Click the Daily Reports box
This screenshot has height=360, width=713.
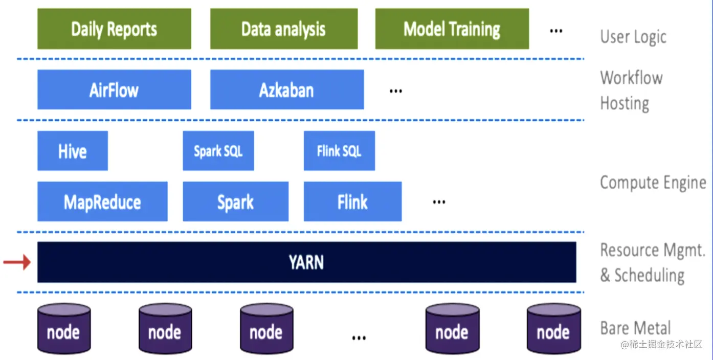click(x=114, y=29)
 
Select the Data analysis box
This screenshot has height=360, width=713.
click(x=283, y=29)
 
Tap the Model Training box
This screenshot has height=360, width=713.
click(x=452, y=29)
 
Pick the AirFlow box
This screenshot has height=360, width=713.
click(x=114, y=90)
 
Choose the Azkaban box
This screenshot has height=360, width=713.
click(x=286, y=90)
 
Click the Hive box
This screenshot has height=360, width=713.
click(x=72, y=151)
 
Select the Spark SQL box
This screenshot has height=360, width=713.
click(x=218, y=151)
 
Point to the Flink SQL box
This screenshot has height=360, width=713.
click(x=339, y=151)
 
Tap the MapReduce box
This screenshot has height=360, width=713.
click(x=102, y=202)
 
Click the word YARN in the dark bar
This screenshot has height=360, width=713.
click(x=306, y=262)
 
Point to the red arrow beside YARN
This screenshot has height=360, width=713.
click(x=17, y=263)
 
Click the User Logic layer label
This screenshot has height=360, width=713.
click(x=633, y=37)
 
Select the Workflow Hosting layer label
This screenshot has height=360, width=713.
click(x=631, y=91)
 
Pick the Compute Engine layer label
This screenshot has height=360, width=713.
click(x=653, y=183)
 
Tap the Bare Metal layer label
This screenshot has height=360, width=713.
click(x=635, y=328)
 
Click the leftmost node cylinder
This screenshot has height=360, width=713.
click(x=63, y=329)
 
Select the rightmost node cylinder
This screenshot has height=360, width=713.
click(x=553, y=329)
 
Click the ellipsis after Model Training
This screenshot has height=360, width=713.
click(x=556, y=31)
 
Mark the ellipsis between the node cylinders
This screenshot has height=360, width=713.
click(x=359, y=337)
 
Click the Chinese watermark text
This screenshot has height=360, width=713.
click(x=661, y=344)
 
